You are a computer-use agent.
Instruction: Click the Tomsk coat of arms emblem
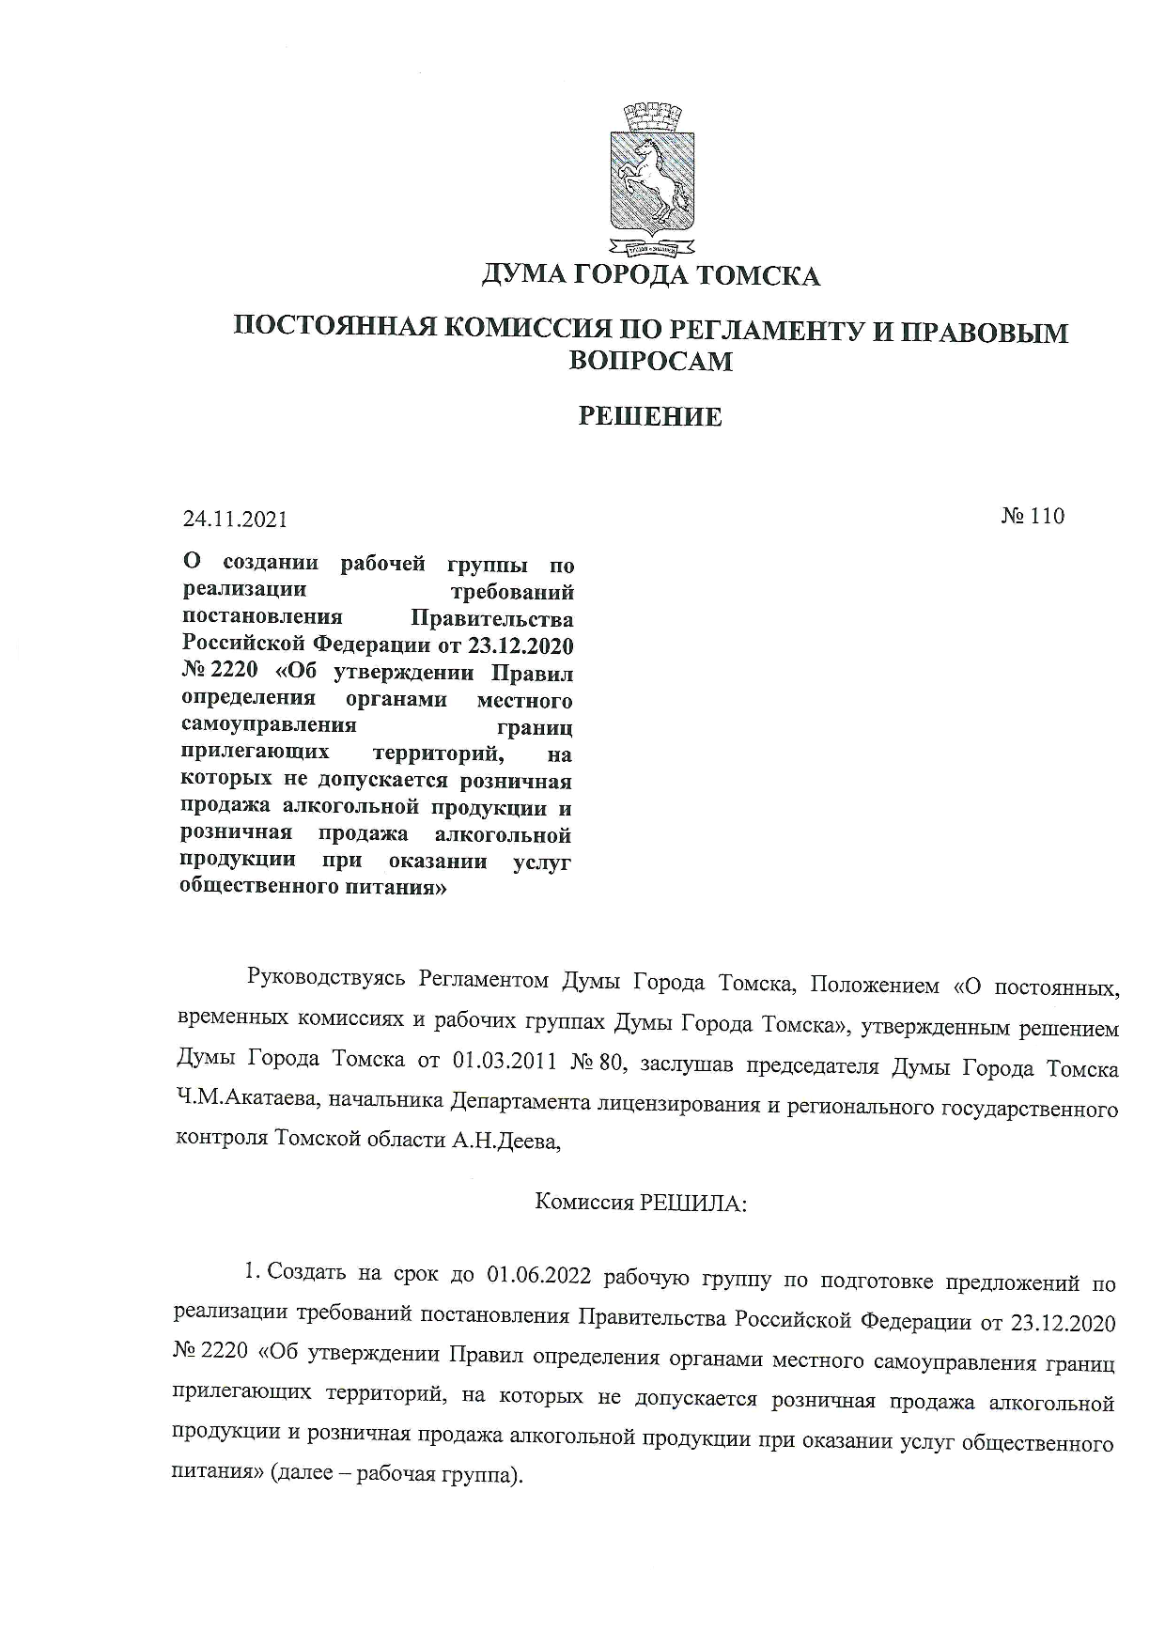pyautogui.click(x=653, y=181)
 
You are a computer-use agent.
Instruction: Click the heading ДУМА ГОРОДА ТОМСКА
pyautogui.click(x=650, y=276)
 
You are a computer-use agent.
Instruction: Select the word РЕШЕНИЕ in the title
pyautogui.click(x=649, y=417)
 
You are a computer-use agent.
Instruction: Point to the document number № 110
pyautogui.click(x=1032, y=516)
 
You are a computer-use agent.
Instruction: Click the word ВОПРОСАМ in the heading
pyautogui.click(x=650, y=362)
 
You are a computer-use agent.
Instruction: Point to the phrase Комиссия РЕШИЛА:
pyautogui.click(x=640, y=1203)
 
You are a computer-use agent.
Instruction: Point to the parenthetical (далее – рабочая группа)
pyautogui.click(x=395, y=1474)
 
